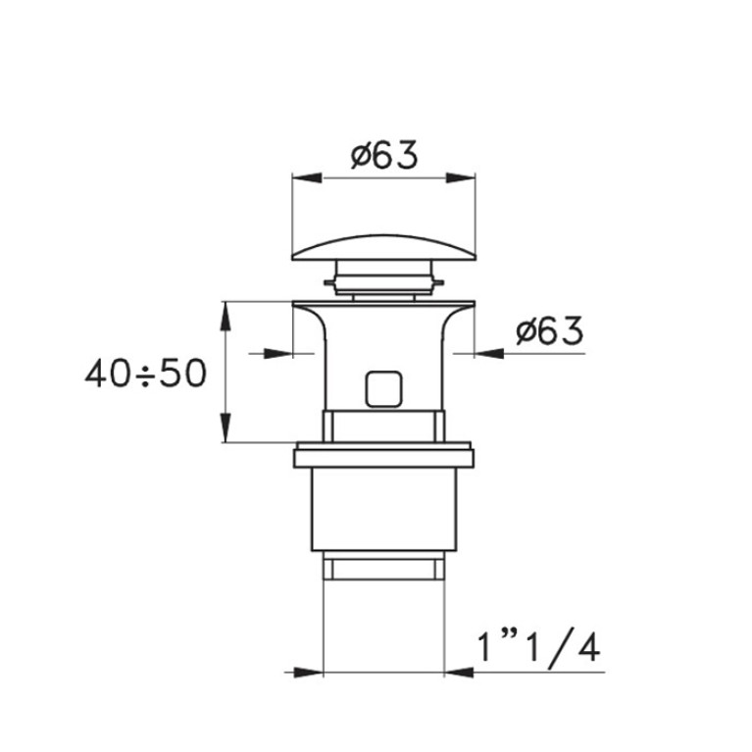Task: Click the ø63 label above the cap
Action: pyautogui.click(x=384, y=155)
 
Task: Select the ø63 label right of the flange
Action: pyautogui.click(x=550, y=330)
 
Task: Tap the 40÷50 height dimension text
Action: pyautogui.click(x=146, y=374)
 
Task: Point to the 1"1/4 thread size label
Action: pyautogui.click(x=539, y=649)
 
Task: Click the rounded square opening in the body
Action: pyautogui.click(x=383, y=389)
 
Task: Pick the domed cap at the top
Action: pyautogui.click(x=383, y=247)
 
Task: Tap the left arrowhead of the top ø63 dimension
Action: pyautogui.click(x=307, y=177)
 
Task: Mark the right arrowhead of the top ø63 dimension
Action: pyautogui.click(x=461, y=177)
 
